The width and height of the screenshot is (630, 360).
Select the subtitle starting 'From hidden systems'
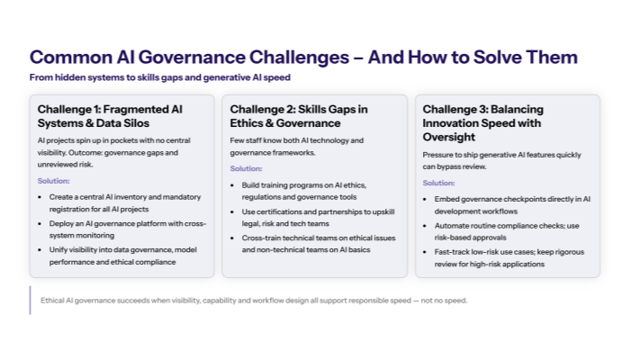[160, 77]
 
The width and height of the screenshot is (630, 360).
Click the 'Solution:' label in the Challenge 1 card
[53, 181]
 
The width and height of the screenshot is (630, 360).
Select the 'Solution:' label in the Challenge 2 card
[246, 168]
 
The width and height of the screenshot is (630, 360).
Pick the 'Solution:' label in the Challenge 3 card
[438, 183]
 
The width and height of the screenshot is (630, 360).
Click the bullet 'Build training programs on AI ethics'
[310, 189]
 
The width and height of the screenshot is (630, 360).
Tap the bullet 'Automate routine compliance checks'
[506, 229]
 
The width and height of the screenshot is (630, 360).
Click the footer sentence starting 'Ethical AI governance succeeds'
[254, 301]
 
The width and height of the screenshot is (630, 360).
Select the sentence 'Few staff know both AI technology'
[297, 147]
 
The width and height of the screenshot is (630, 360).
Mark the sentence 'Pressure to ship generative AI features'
[499, 161]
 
